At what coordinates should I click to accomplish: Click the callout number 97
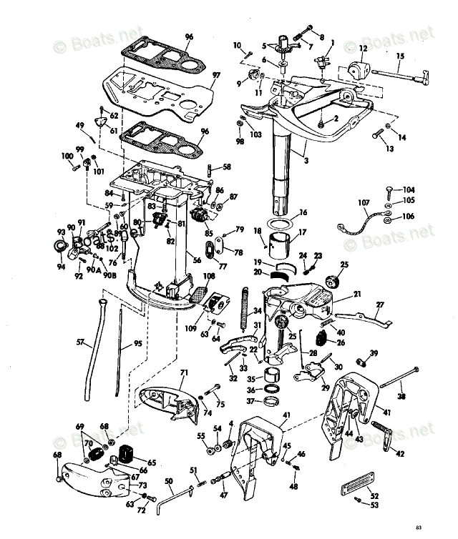[x=217, y=75]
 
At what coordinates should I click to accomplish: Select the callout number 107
[x=363, y=202]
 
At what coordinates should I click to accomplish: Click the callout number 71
[x=183, y=372]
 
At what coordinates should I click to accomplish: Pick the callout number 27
[x=380, y=305]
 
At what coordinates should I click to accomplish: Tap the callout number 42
[x=399, y=453]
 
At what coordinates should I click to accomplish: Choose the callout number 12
[x=363, y=48]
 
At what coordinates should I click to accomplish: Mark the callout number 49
[x=81, y=126]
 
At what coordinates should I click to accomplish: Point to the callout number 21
[x=357, y=294]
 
